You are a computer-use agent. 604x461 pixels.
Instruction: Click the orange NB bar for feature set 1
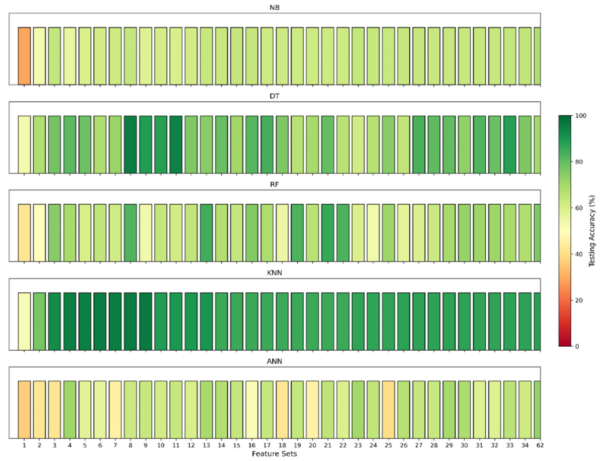24,56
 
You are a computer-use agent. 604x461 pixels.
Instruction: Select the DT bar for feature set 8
131,144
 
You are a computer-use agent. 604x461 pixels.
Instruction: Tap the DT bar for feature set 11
176,144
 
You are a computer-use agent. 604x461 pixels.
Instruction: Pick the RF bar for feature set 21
328,233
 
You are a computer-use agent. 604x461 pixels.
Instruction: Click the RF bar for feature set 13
206,233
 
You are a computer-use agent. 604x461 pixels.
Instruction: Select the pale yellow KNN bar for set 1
24,321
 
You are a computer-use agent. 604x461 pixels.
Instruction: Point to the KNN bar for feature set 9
146,321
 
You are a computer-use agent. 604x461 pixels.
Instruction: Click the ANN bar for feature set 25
388,410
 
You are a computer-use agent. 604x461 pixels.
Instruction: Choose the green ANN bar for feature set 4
70,410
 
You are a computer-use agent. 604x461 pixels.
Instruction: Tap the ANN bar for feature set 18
282,410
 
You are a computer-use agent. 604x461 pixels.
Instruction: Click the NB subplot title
274,8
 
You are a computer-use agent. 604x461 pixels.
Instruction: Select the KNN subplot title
274,273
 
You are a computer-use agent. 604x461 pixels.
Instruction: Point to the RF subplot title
274,185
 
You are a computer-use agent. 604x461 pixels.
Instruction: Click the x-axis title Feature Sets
274,454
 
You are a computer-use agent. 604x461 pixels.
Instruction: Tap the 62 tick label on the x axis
540,445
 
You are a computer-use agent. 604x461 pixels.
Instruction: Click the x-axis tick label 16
252,445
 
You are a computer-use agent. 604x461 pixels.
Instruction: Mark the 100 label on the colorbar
581,116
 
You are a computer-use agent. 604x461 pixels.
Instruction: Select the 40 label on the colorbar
579,254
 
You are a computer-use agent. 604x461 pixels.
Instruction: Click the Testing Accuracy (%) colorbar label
592,231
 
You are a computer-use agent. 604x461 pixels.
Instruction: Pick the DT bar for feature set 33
510,144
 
